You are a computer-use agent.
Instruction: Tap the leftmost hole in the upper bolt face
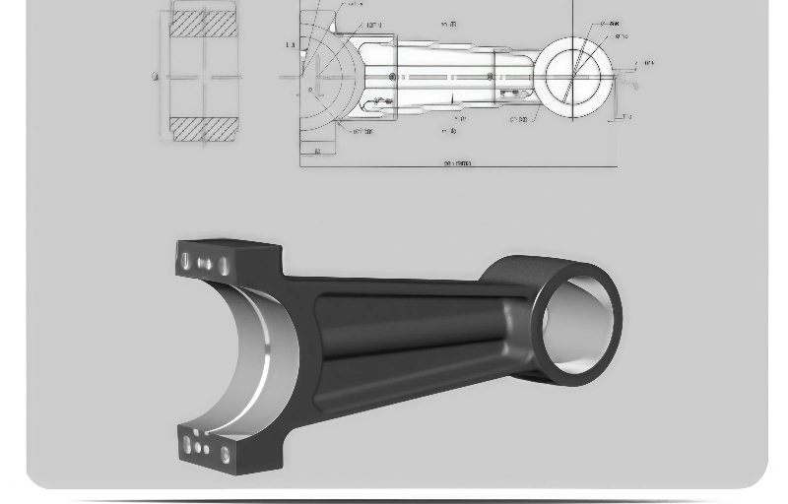pyautogui.click(x=184, y=262)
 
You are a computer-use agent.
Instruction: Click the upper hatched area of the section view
pyautogui.click(x=204, y=23)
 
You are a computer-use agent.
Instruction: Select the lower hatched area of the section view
pyautogui.click(x=204, y=129)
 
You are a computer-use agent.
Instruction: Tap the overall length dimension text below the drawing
pyautogui.click(x=458, y=163)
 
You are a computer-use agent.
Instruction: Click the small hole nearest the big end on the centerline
pyautogui.click(x=392, y=77)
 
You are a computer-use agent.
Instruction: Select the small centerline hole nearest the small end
pyautogui.click(x=492, y=77)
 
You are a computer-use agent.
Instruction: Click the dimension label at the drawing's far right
pyautogui.click(x=648, y=64)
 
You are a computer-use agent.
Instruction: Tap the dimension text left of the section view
pyautogui.click(x=155, y=77)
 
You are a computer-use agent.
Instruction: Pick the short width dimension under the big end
pyautogui.click(x=317, y=152)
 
